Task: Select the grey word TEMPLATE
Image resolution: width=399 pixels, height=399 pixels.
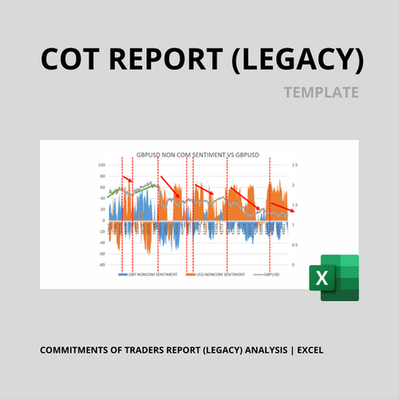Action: tap(321, 93)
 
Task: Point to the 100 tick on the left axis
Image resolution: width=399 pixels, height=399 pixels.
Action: tap(102, 165)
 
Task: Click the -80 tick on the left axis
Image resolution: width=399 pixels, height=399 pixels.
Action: tap(102, 264)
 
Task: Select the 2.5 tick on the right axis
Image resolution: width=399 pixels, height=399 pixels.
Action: tap(295, 165)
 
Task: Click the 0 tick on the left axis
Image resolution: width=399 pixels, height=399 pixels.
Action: tap(104, 220)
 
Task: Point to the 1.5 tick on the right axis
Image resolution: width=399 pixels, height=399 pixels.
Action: tap(295, 205)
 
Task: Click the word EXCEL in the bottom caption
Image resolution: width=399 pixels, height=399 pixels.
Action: tap(309, 350)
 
